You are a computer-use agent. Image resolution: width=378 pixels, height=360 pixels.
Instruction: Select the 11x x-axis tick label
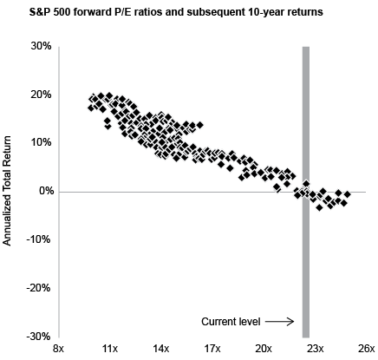[110, 349]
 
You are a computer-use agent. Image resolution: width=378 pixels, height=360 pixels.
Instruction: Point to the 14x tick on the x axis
[161, 349]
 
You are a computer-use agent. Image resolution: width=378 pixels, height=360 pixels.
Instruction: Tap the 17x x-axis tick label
[212, 349]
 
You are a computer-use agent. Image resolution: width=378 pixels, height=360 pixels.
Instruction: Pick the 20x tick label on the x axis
[264, 349]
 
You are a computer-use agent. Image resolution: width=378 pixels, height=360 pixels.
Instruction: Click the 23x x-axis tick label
[315, 349]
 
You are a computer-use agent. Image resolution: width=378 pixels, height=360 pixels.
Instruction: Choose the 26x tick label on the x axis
[366, 349]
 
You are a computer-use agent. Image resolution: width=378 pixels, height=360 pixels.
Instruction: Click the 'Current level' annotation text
[231, 322]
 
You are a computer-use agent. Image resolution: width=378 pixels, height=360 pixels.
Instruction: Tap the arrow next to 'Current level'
[281, 322]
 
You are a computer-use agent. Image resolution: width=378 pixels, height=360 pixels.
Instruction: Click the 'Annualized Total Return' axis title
[8, 191]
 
